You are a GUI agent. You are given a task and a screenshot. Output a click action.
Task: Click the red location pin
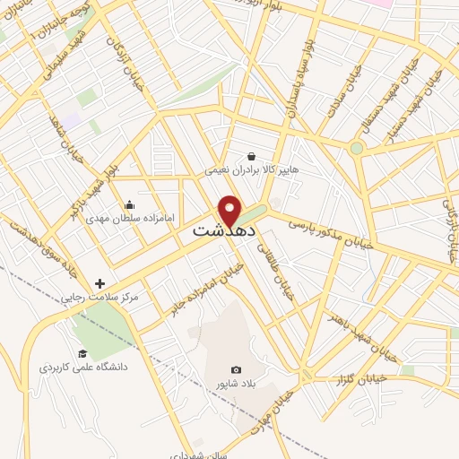click(x=231, y=209)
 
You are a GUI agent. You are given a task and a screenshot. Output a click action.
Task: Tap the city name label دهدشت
click(x=225, y=231)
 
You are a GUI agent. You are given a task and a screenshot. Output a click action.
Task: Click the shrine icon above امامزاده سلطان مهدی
click(x=130, y=204)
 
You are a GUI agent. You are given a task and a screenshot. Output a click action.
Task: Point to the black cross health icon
click(x=99, y=283)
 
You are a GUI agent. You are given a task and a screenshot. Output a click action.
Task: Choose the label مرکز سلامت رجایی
click(x=100, y=297)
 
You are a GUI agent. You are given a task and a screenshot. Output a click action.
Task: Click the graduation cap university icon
click(x=82, y=353)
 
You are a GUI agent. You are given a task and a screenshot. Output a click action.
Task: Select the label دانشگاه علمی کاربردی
click(x=84, y=368)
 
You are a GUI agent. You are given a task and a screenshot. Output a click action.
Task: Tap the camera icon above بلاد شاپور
click(x=236, y=369)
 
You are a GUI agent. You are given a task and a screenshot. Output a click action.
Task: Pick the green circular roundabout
click(x=357, y=148)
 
